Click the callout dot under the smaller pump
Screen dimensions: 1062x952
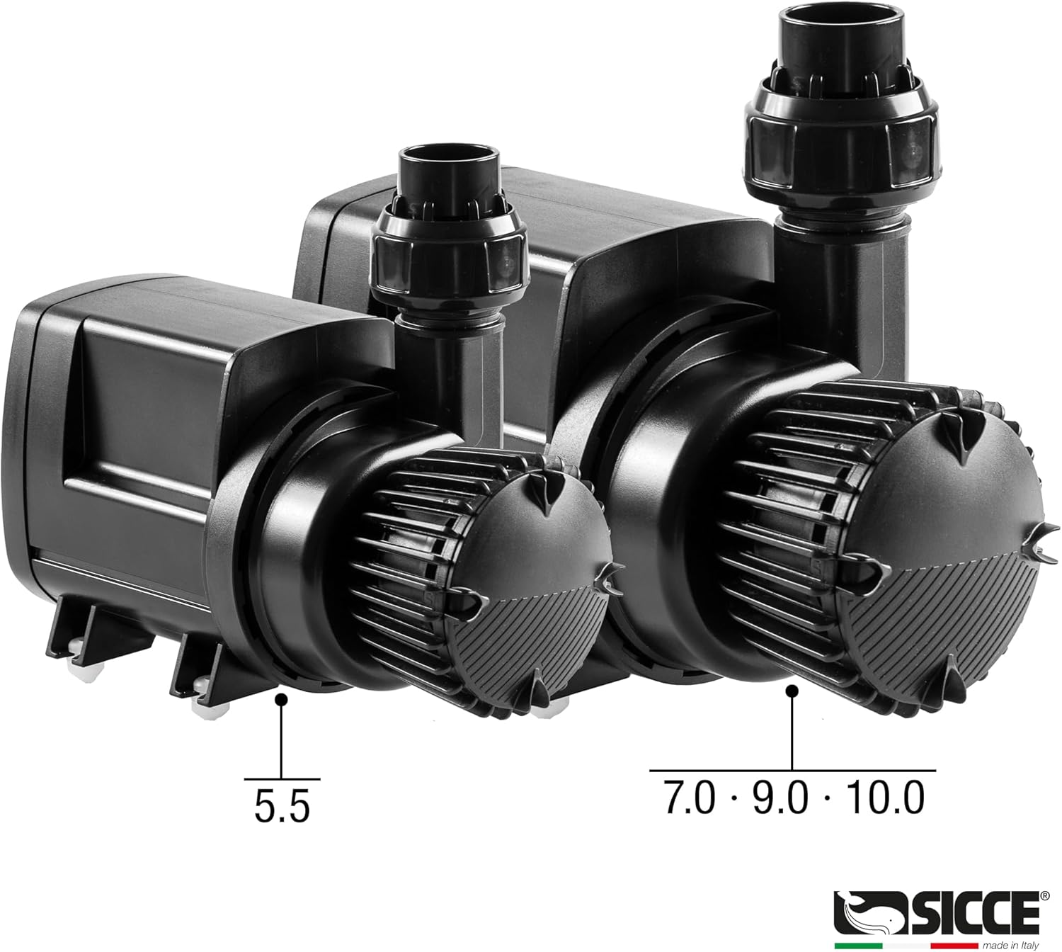(282, 699)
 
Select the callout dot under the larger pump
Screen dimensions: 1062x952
(792, 691)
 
